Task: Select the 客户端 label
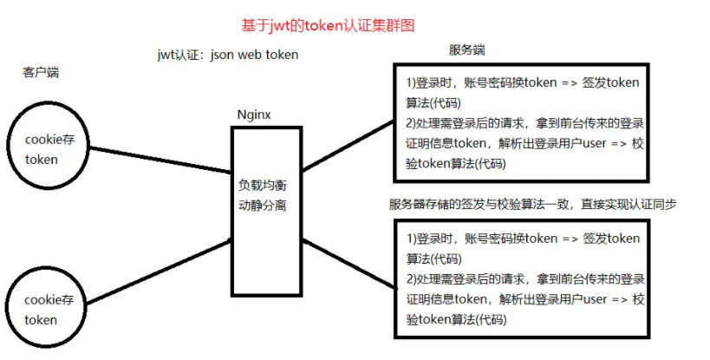click(41, 74)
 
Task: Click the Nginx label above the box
click(254, 115)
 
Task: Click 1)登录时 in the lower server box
click(431, 239)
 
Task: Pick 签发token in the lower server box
click(610, 239)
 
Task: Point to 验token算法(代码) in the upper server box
click(456, 163)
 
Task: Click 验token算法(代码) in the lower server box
click(456, 319)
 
